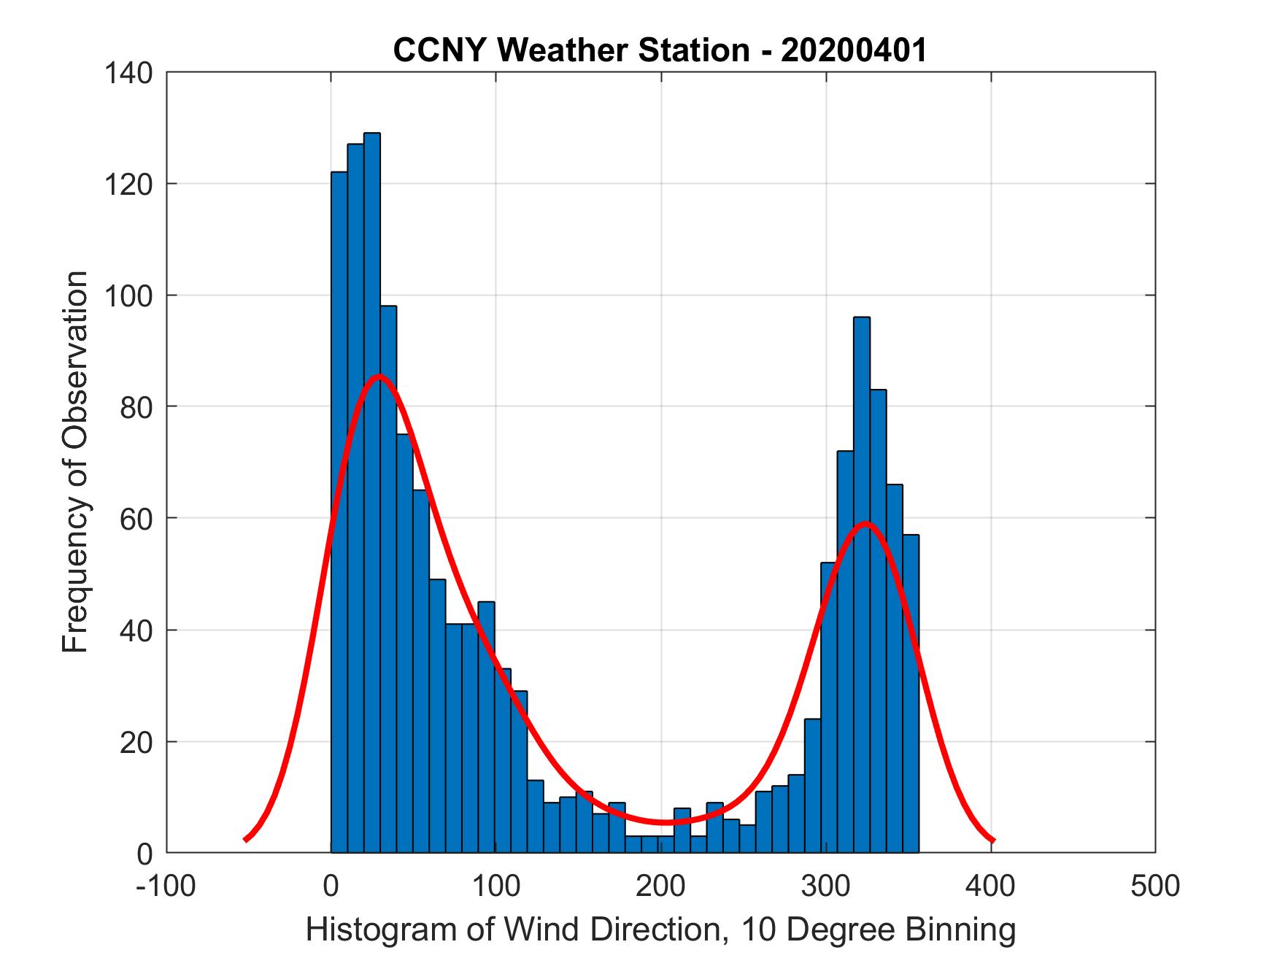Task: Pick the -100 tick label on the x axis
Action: click(166, 886)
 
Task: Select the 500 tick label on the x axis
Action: click(1154, 886)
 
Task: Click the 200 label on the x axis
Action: click(661, 886)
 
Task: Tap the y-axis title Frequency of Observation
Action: click(76, 463)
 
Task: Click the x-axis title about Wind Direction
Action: click(660, 930)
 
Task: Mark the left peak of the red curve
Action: click(379, 376)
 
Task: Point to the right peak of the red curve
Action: click(865, 523)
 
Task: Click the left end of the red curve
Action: click(246, 840)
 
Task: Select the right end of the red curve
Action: click(992, 841)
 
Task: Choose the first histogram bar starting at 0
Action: click(339, 511)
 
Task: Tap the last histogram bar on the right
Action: click(910, 693)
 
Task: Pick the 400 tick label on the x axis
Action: click(991, 886)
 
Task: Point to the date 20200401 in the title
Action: click(853, 50)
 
